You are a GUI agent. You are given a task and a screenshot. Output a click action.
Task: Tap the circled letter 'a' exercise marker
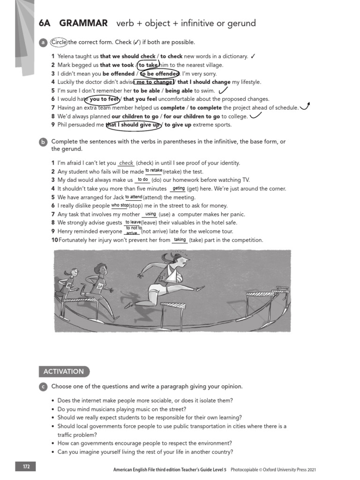coord(43,43)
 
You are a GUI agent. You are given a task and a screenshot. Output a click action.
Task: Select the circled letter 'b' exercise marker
coord(43,142)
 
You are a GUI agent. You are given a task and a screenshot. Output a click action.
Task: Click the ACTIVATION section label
coord(63,371)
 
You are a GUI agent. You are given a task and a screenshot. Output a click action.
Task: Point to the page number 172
coord(26,467)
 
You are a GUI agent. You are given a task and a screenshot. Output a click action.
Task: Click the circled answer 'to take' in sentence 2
coord(148,65)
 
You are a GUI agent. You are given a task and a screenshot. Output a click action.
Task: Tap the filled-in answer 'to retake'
coord(154,170)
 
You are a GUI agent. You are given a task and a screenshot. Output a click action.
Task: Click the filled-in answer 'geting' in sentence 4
coord(179,188)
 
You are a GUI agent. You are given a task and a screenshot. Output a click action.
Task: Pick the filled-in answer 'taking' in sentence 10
coord(180,240)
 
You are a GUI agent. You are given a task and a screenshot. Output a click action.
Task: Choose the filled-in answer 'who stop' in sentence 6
coord(120,205)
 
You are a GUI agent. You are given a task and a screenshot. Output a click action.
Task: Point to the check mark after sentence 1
coord(253,56)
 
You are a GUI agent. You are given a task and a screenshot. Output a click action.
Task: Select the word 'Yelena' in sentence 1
coord(66,57)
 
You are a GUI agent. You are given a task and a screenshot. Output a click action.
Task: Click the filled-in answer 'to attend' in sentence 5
coord(134,197)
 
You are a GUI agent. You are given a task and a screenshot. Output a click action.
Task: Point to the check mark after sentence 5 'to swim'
coord(223,90)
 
